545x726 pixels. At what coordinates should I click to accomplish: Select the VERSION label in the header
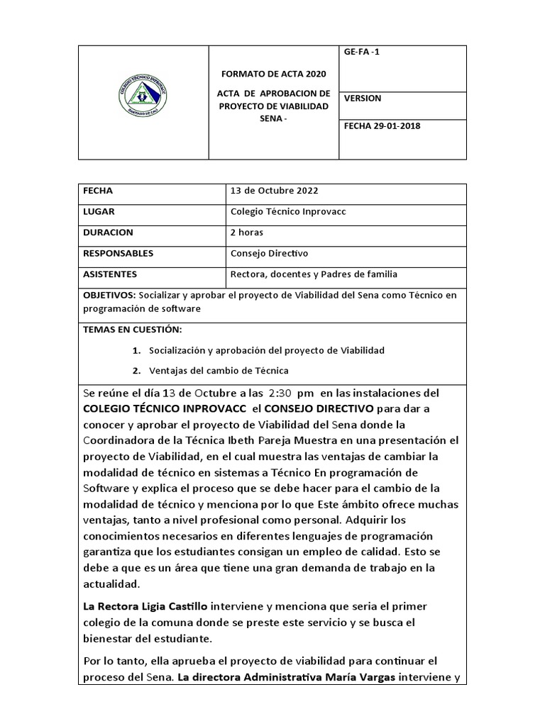click(363, 99)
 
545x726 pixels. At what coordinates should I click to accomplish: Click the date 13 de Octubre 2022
click(274, 191)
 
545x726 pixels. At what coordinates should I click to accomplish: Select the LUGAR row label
click(99, 211)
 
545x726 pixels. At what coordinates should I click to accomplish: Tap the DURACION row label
click(108, 232)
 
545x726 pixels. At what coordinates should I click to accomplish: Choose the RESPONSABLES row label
click(118, 253)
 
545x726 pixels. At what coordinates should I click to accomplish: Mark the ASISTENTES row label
click(110, 274)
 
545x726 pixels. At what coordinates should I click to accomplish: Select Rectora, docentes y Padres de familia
click(314, 274)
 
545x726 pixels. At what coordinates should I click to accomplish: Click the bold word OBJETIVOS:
click(109, 295)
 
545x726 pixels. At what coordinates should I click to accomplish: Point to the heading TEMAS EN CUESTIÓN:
click(132, 330)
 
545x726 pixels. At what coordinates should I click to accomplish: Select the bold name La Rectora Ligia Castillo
click(145, 606)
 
